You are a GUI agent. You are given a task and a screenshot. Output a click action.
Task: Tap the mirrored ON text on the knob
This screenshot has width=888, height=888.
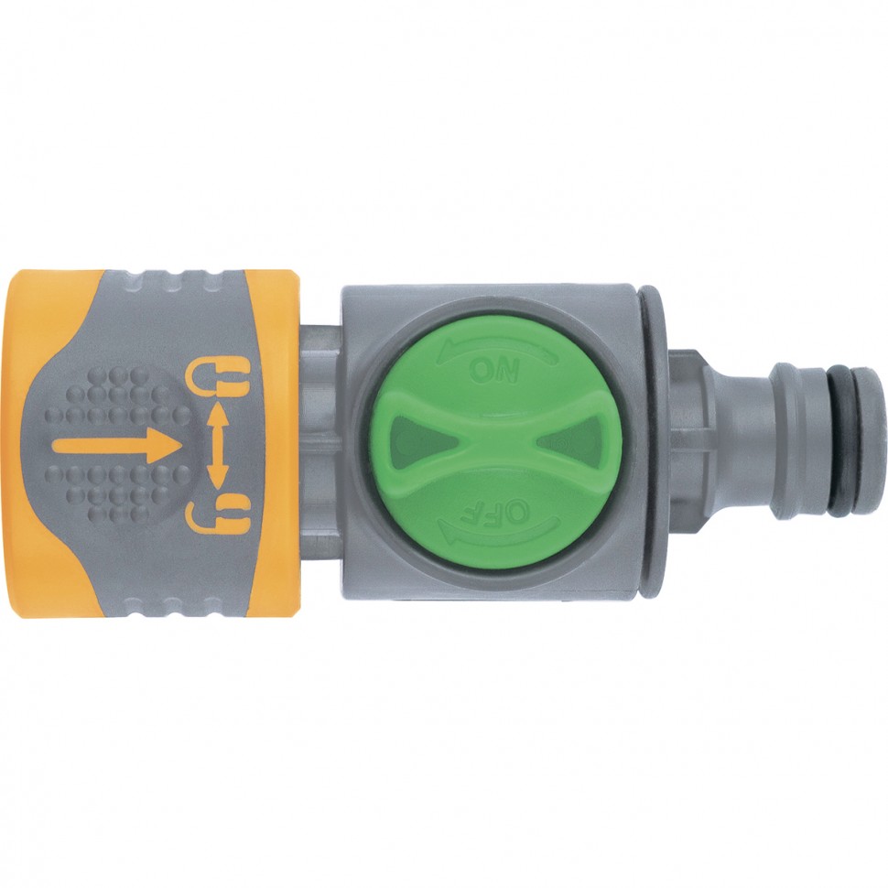(494, 372)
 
